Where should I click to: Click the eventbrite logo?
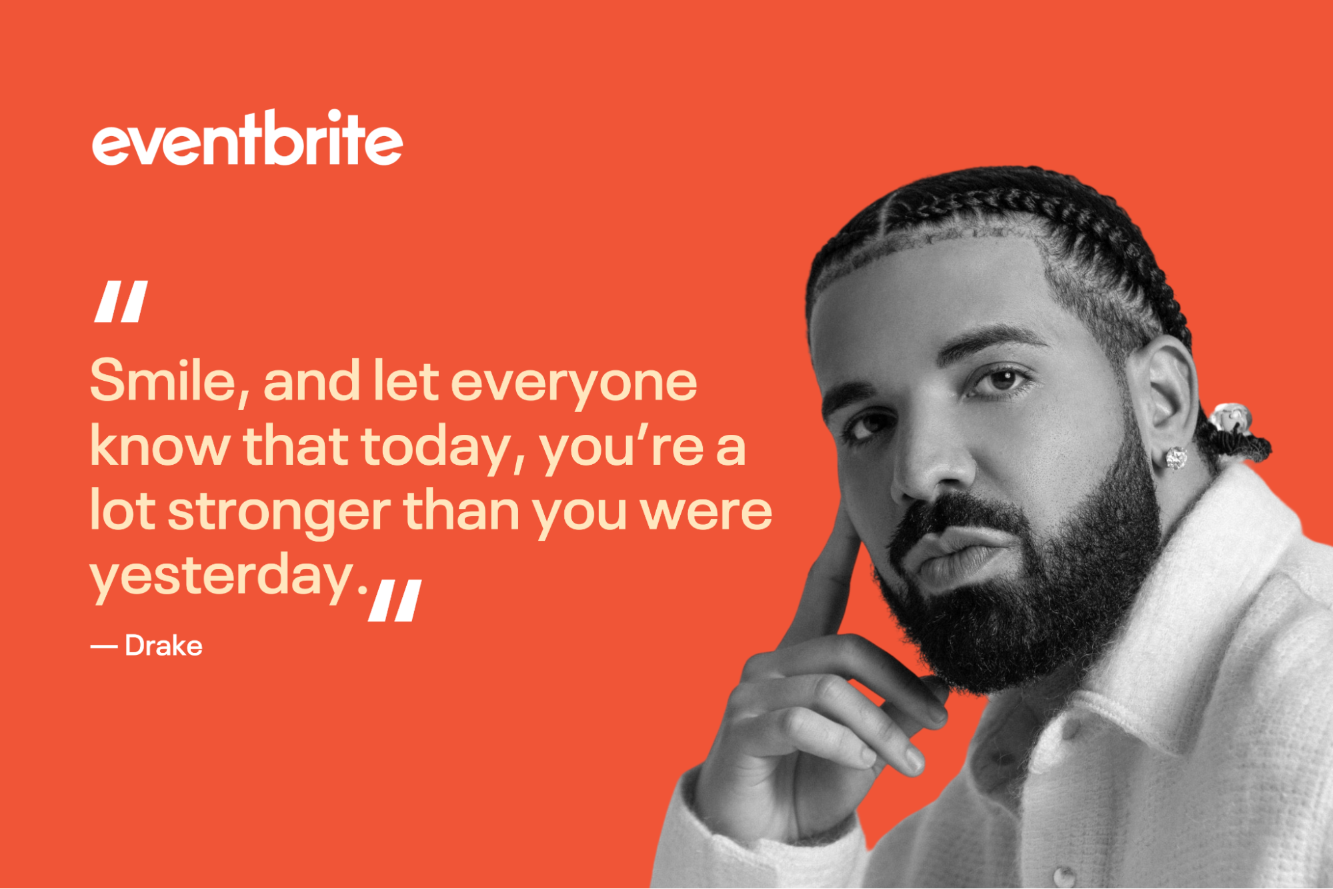pos(247,139)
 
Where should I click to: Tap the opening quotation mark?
pos(121,301)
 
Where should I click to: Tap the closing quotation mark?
pos(395,600)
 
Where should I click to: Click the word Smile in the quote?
pos(163,381)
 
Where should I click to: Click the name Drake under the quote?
pos(163,646)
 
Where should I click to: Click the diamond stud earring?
pos(1176,458)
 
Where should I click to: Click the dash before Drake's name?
pos(103,646)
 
